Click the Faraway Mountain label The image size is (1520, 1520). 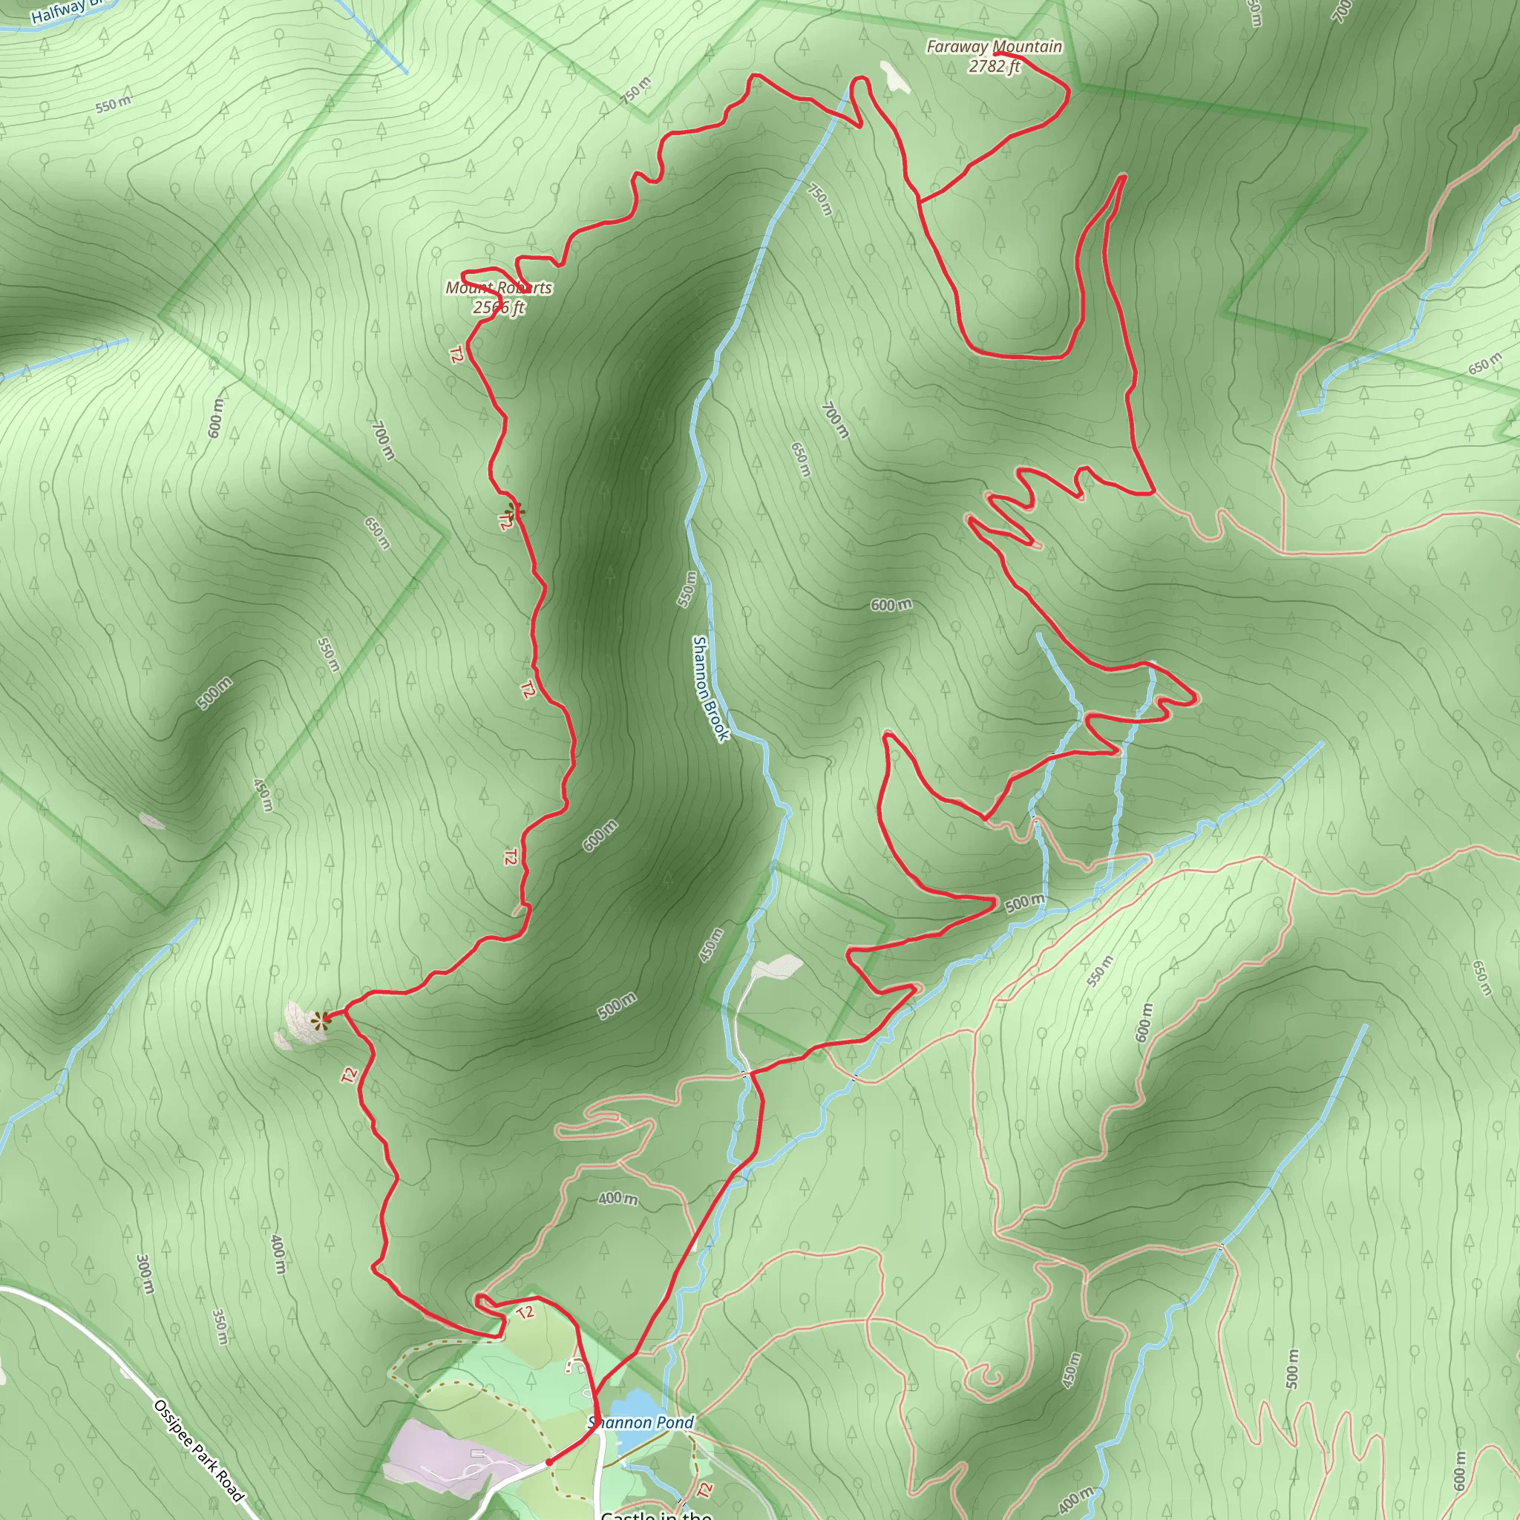tap(994, 47)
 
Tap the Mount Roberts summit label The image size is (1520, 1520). tap(499, 288)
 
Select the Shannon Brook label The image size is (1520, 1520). tap(710, 687)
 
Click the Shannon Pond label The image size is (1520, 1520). tap(642, 1423)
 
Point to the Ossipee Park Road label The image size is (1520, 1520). tap(199, 1451)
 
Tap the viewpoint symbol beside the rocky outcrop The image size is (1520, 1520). tap(319, 1021)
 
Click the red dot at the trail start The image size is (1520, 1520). tap(549, 1462)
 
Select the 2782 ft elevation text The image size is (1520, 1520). tap(994, 67)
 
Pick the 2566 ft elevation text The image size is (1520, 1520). tap(499, 307)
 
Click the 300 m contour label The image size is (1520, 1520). tap(145, 1274)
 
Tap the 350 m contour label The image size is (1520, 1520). tap(221, 1326)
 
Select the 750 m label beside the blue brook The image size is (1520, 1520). tap(820, 199)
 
